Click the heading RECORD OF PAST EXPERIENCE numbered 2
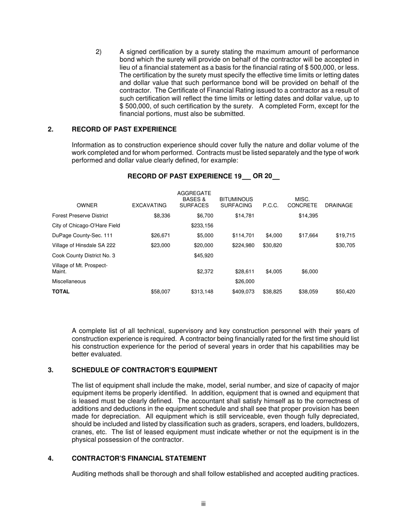click(x=124, y=129)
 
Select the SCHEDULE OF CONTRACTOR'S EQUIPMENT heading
click(x=144, y=370)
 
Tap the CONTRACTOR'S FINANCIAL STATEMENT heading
click(x=139, y=458)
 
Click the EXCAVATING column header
click(x=149, y=206)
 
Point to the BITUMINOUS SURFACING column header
click(x=236, y=203)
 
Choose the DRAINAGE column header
click(x=338, y=206)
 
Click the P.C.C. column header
click(x=270, y=206)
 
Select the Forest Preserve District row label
click(x=80, y=216)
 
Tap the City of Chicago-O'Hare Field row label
click(x=86, y=225)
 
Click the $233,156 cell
click(x=202, y=225)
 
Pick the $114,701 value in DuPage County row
click(x=243, y=235)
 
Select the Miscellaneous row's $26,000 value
click(x=245, y=281)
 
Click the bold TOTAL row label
click(x=61, y=291)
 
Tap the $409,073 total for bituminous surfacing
click(x=243, y=292)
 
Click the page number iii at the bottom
click(x=203, y=504)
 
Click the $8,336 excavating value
click(x=162, y=216)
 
